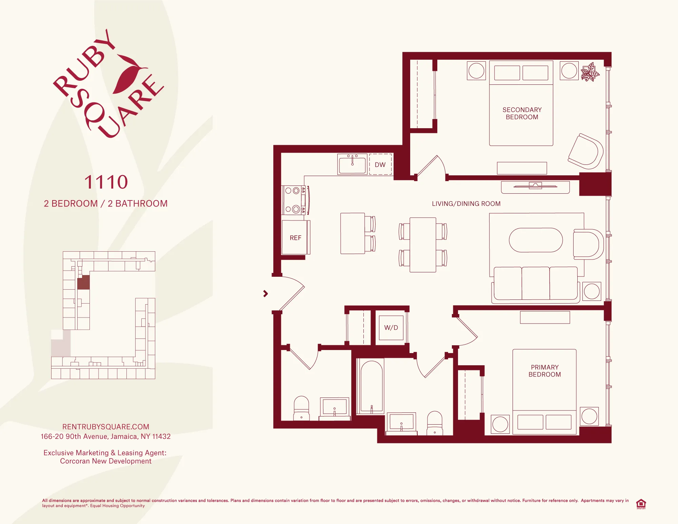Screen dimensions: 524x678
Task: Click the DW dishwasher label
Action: pos(380,164)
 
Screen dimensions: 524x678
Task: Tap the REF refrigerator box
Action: pos(295,237)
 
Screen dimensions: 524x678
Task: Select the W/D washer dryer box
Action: pos(391,328)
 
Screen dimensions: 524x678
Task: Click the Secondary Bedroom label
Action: pos(522,113)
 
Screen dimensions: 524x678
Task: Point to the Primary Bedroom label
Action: pos(544,371)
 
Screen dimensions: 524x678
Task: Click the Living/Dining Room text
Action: pos(466,203)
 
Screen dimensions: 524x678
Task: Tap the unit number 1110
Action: pos(106,182)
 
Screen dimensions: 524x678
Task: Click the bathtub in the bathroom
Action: pos(372,387)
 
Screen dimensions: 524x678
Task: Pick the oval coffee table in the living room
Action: pos(536,240)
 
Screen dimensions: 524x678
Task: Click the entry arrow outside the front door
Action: pos(265,294)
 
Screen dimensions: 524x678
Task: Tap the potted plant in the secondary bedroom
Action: pos(590,72)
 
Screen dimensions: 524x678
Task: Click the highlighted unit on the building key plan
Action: pos(83,282)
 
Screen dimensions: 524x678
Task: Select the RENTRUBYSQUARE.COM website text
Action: pos(106,427)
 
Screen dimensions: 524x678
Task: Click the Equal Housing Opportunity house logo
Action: pos(641,504)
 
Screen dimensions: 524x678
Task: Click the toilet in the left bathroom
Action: pos(301,409)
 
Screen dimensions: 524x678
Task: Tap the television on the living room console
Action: pos(535,186)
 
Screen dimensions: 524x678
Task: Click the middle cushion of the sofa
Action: pos(535,283)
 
